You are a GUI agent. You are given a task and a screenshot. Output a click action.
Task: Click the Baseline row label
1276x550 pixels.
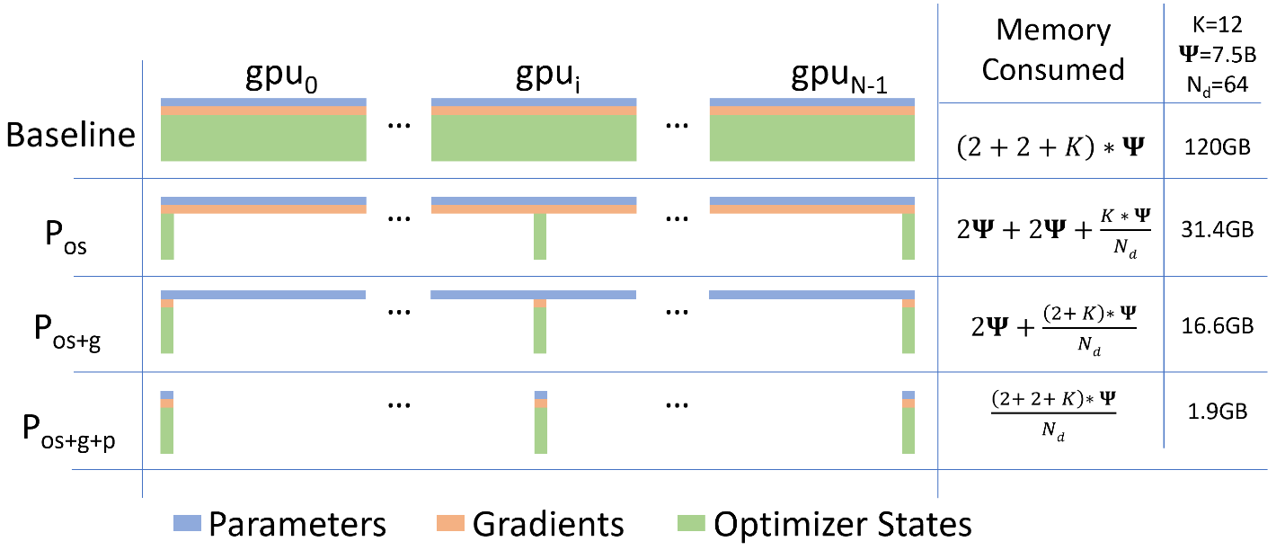[70, 135]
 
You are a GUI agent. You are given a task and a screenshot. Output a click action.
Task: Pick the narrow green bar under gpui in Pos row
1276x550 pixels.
[540, 236]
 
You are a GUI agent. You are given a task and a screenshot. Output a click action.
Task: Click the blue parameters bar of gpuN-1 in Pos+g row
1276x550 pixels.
[811, 295]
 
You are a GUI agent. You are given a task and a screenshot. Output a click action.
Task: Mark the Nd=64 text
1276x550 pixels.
[1216, 87]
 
